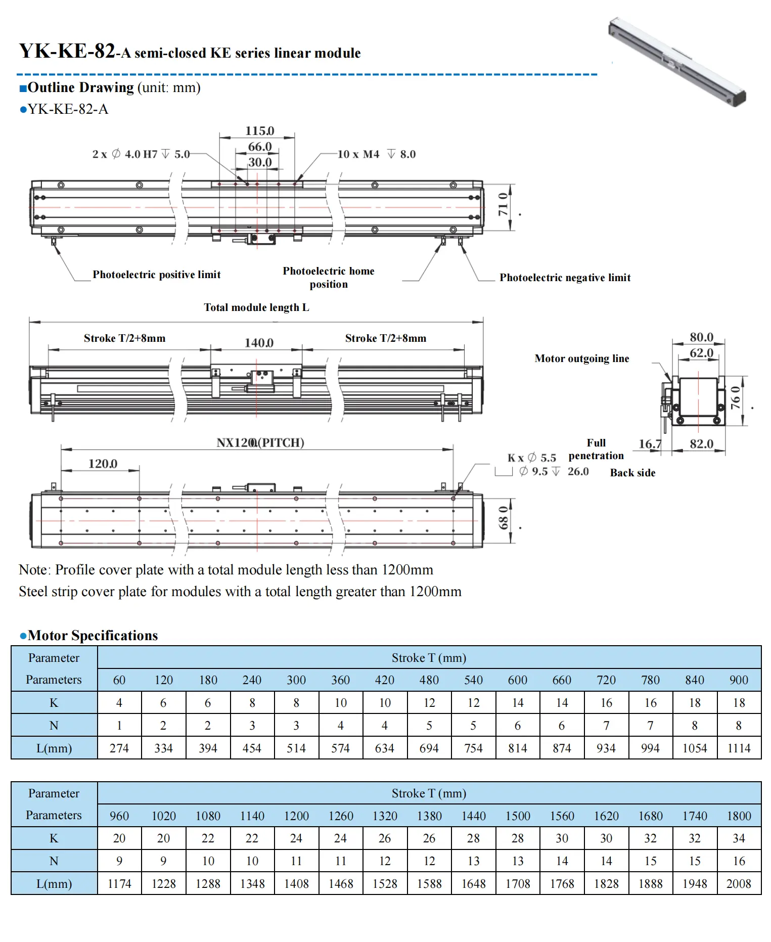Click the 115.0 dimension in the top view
tap(259, 131)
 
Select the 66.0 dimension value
tap(259, 147)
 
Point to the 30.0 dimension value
tap(259, 162)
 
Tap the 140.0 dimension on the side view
tap(259, 343)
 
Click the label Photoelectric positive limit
tap(156, 275)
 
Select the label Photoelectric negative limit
tap(565, 278)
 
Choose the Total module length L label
tap(256, 307)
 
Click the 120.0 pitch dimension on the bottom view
tap(103, 464)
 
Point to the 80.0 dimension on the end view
tap(701, 337)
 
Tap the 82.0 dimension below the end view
tap(701, 444)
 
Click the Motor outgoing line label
tap(581, 358)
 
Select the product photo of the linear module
tap(677, 61)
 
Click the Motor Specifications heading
tap(93, 636)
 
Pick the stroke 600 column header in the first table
tap(517, 680)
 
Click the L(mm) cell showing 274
tap(119, 748)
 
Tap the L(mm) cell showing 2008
tap(738, 884)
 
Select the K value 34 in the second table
tap(739, 838)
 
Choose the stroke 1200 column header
tap(296, 816)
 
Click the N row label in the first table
tap(54, 726)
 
